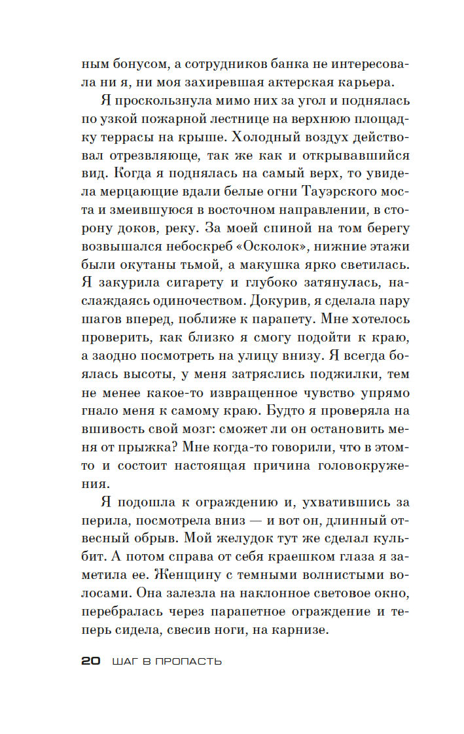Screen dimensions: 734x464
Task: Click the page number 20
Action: (x=90, y=661)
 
